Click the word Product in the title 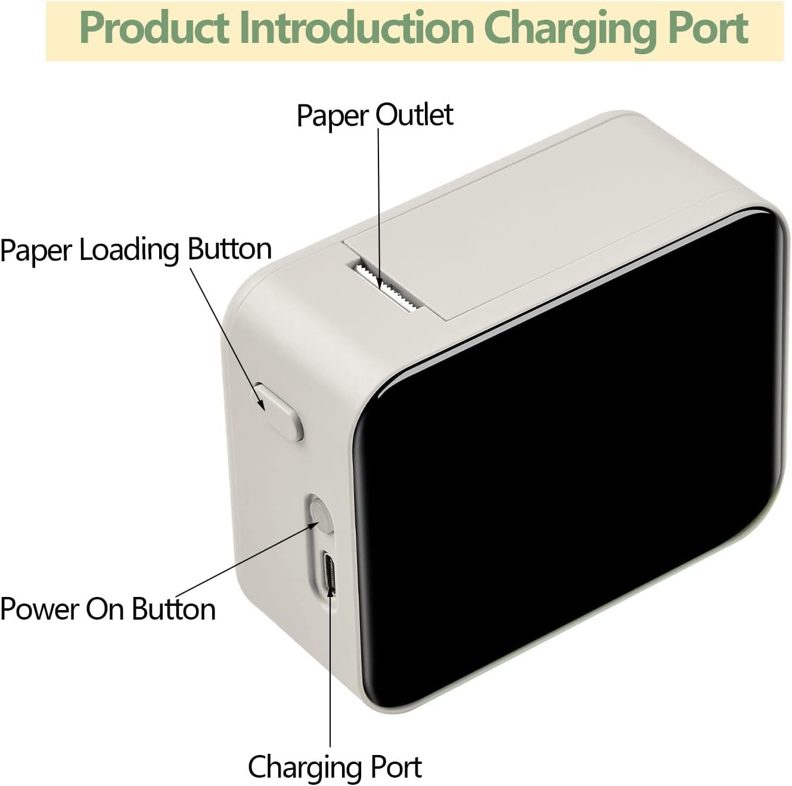tap(154, 27)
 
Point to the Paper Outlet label tap(375, 116)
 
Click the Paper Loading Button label tap(136, 250)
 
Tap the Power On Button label tap(108, 609)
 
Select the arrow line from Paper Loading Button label tap(227, 339)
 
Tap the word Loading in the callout tap(129, 251)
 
